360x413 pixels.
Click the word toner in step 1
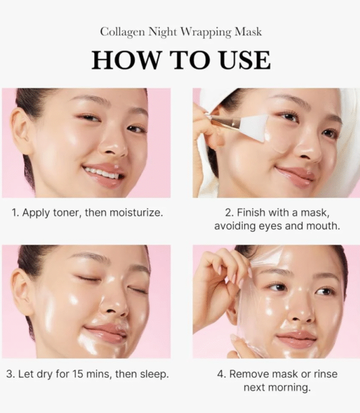[x=67, y=212]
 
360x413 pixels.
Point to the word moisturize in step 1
[x=136, y=212]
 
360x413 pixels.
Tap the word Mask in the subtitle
[x=248, y=32]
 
